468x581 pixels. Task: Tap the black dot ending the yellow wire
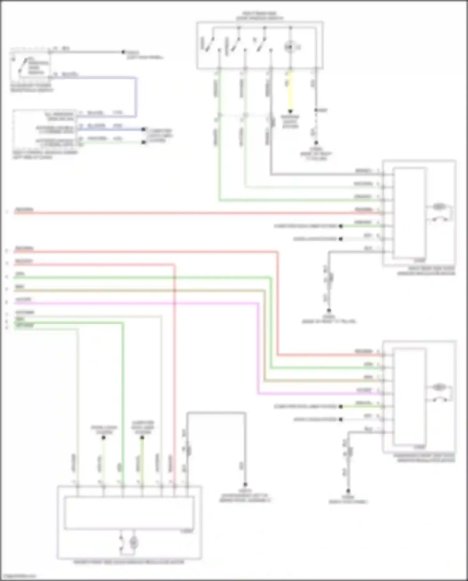290,111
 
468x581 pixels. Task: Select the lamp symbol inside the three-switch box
289,47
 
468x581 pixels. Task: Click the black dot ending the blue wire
144,129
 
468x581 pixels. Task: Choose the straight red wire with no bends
187,213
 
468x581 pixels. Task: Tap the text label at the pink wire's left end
23,299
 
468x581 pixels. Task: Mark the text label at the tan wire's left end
20,287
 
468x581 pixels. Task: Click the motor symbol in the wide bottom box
134,543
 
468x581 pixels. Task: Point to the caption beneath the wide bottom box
129,562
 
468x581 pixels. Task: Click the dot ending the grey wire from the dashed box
123,52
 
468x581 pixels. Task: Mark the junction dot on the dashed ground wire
316,110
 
